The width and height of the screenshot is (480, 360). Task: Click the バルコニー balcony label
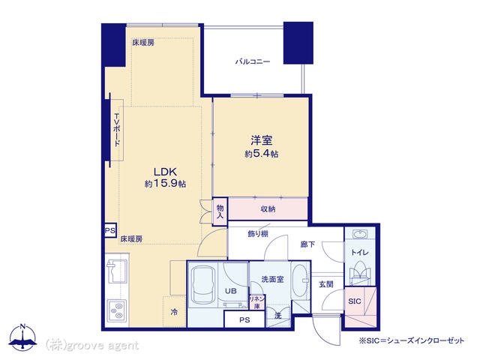tap(253, 61)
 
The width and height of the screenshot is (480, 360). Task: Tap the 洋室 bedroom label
tap(262, 140)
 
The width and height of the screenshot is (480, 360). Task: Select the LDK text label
tap(165, 171)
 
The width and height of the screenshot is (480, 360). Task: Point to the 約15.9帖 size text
tap(165, 184)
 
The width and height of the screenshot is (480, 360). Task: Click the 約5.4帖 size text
tap(262, 154)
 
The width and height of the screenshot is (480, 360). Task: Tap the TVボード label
tap(117, 130)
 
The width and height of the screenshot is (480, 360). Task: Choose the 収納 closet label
tap(268, 209)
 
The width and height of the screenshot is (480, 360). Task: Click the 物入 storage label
tap(220, 211)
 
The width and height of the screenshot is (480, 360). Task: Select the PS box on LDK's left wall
tap(110, 230)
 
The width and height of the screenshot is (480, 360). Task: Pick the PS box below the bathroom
tap(244, 320)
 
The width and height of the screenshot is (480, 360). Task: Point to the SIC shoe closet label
tap(355, 301)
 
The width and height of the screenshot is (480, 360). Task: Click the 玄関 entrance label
tap(326, 284)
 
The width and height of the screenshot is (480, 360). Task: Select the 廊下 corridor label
tap(307, 244)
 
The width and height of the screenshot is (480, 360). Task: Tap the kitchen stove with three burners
tap(116, 310)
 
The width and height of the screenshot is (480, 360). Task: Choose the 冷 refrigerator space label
tap(174, 312)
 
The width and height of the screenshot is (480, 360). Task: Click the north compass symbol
tap(22, 337)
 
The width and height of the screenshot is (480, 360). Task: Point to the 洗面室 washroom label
tap(272, 279)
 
